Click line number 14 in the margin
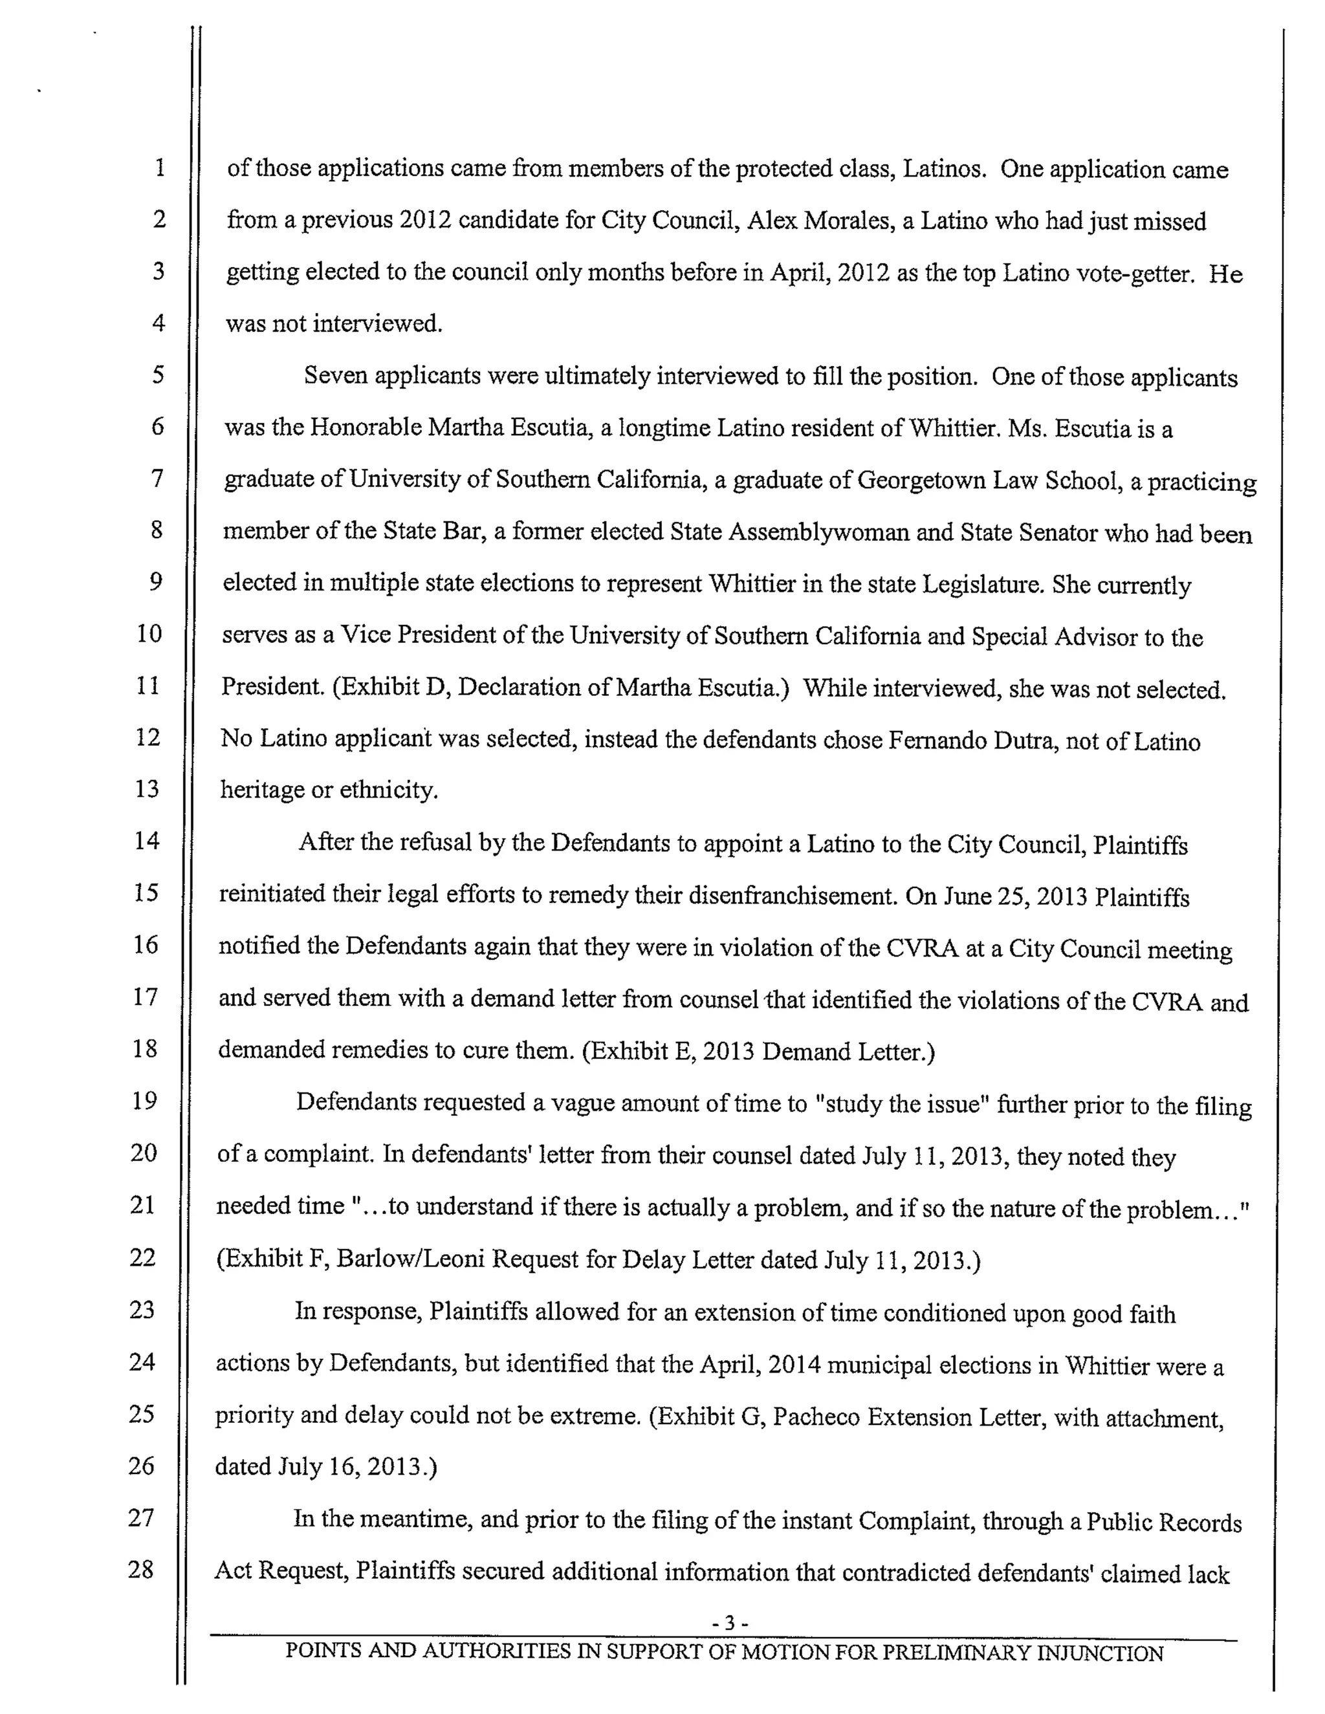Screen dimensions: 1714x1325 click(x=147, y=841)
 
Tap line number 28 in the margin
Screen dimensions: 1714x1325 click(x=140, y=1569)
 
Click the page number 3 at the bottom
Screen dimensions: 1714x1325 click(x=728, y=1622)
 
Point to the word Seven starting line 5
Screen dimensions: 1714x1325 click(x=336, y=376)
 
